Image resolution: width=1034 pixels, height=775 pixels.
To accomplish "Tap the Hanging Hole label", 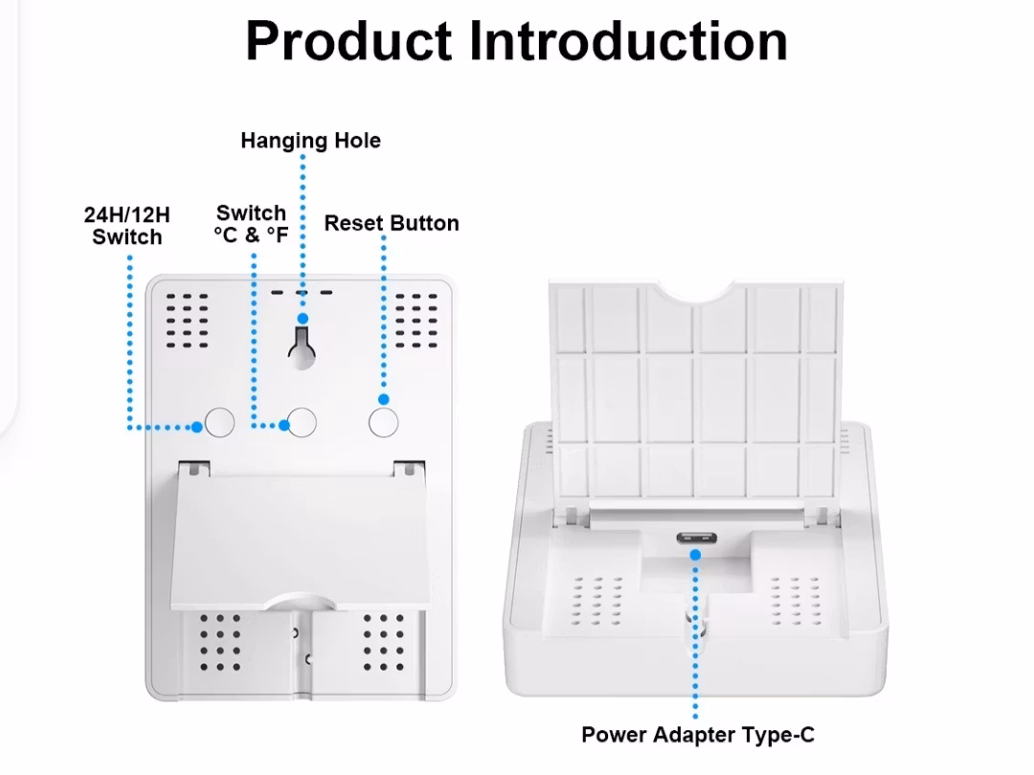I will tap(310, 141).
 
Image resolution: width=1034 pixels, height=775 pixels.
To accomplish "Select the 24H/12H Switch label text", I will tap(127, 226).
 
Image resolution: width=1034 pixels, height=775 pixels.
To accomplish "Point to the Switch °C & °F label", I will tap(251, 224).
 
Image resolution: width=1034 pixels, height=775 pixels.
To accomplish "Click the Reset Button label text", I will tap(392, 223).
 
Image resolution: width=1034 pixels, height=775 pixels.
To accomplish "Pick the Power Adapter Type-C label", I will tap(698, 735).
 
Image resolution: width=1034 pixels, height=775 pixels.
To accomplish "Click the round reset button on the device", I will tap(383, 422).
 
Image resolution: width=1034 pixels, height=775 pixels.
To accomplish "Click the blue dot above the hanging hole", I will tap(303, 319).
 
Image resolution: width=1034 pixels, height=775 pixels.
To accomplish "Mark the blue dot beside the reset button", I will tap(384, 399).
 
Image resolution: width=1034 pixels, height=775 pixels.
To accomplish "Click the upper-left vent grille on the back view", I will tap(188, 317).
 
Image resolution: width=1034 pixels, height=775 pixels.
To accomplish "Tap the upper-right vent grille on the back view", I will tap(417, 317).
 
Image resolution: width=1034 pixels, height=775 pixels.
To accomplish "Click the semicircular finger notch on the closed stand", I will tap(301, 602).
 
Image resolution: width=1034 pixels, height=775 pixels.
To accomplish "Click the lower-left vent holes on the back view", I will tap(221, 642).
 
